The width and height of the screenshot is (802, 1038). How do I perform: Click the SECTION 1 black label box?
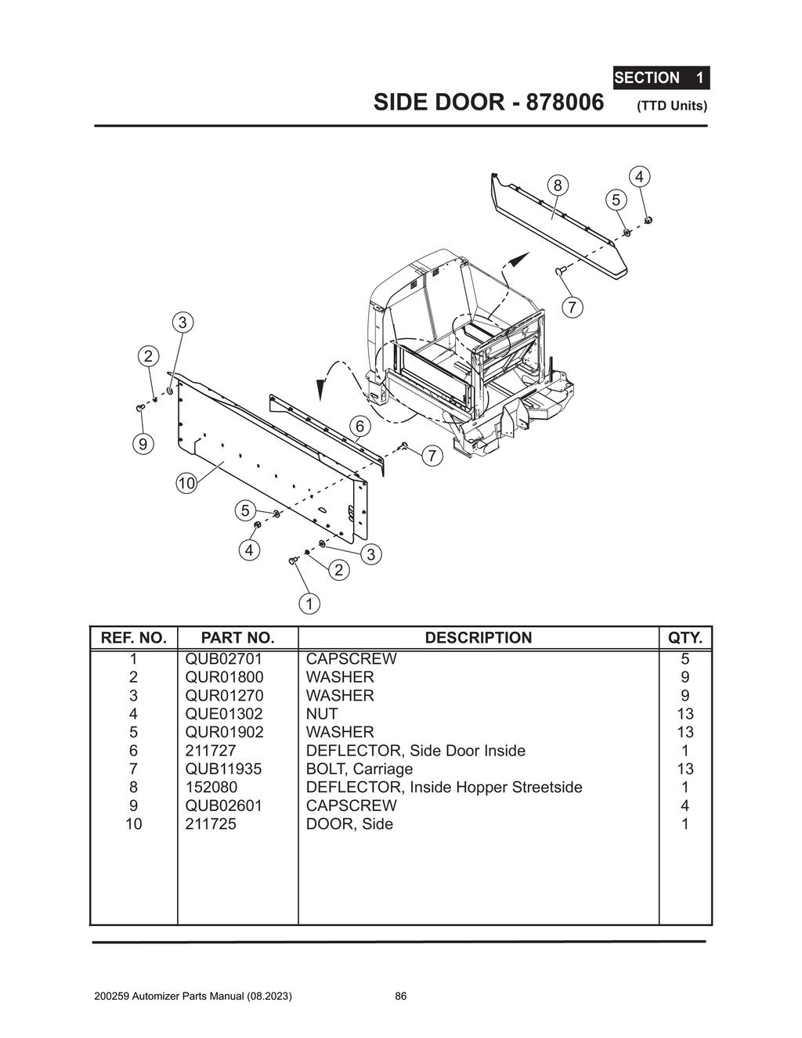pos(660,77)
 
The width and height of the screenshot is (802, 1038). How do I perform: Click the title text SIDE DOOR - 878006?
pos(489,103)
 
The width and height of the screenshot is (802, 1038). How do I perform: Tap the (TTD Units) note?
pos(671,106)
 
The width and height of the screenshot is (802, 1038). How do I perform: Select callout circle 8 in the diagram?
pos(557,186)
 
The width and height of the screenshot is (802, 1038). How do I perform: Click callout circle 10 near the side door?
pos(186,484)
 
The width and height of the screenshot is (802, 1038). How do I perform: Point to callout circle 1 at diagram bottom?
pos(309,604)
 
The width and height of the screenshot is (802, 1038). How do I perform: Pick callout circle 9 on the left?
pos(143,445)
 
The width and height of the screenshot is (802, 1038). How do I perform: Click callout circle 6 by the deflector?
pos(359,427)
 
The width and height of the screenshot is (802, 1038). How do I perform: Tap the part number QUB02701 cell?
pos(224,659)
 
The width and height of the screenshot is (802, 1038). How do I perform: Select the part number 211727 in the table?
pos(210,751)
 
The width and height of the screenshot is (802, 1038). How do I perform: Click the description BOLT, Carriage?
pos(359,769)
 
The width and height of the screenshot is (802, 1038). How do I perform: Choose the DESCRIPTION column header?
pos(478,638)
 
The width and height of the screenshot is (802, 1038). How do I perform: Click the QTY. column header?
pos(685,638)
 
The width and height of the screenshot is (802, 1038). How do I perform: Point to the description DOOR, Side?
pos(349,824)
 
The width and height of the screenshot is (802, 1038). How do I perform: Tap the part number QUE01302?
pos(224,714)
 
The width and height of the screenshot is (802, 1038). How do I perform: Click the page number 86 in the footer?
pos(400,997)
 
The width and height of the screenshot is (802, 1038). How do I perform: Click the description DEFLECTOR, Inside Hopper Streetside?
pos(443,788)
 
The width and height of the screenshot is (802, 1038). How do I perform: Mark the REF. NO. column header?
pos(134,638)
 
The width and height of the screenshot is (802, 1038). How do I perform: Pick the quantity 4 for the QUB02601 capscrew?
pos(685,806)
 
